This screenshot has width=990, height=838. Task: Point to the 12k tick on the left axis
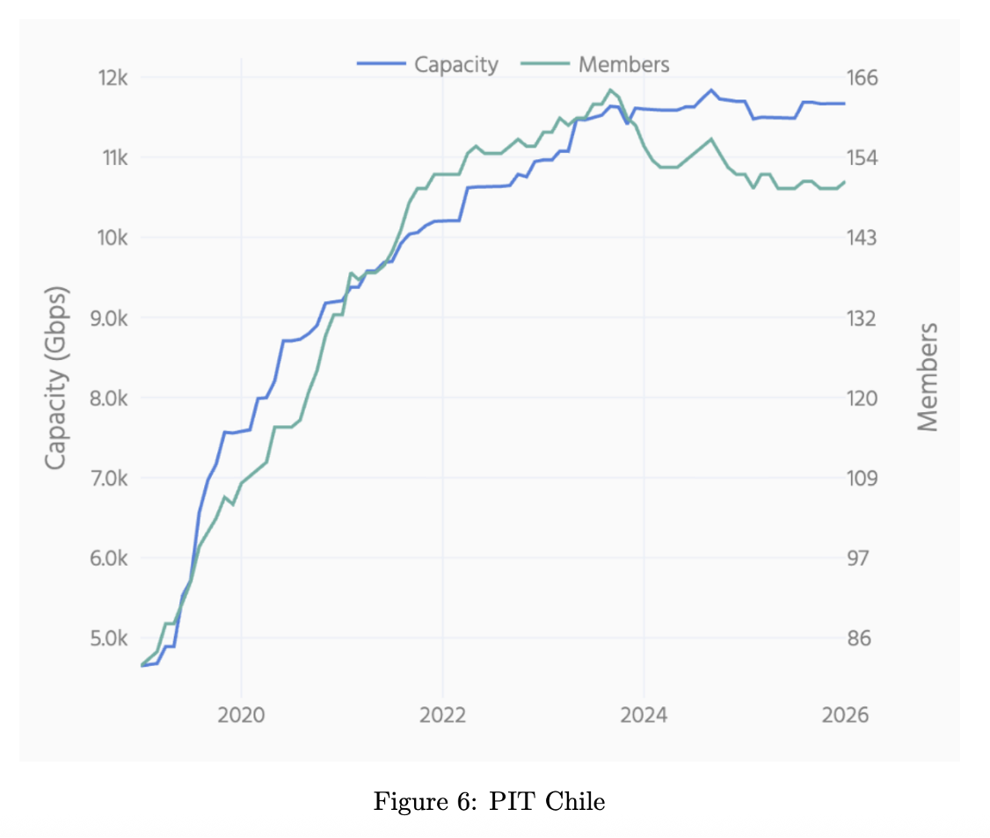pos(114,78)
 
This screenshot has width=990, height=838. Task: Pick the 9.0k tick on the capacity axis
pos(111,318)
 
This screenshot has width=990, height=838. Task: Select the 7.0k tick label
pos(111,479)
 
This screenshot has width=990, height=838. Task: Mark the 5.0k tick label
pos(111,639)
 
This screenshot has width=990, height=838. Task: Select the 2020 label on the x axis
pos(241,715)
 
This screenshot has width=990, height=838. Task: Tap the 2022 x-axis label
pos(442,715)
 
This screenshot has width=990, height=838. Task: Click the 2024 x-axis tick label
pos(644,715)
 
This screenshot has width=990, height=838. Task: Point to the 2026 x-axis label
pos(844,715)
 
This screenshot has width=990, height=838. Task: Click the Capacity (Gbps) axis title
pos(56,378)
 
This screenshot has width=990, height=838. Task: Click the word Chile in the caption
pos(575,802)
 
